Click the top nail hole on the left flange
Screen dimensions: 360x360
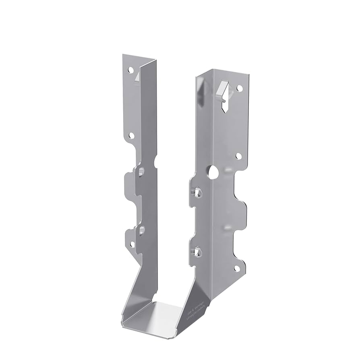[130, 70]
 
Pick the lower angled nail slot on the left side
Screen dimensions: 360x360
[141, 230]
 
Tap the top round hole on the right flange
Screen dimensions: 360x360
[239, 87]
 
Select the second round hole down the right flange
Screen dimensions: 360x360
[238, 155]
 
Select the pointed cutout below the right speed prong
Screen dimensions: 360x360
[224, 106]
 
